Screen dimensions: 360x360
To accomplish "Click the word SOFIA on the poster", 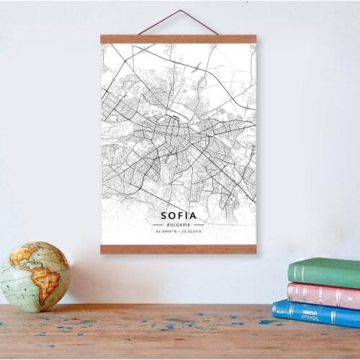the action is [179, 215].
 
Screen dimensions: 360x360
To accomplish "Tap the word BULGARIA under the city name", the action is [179, 224].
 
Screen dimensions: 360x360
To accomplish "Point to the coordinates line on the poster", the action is [179, 231].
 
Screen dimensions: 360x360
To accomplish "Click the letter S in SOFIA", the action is [165, 215].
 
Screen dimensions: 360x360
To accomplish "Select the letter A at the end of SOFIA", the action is [192, 215].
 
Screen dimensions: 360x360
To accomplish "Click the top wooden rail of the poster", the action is [179, 39].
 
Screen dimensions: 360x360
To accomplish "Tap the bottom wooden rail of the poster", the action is [179, 249].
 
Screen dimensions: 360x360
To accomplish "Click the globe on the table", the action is [34, 277].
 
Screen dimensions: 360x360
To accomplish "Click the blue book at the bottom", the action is [317, 314].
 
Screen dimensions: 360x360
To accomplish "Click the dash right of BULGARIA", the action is [199, 224].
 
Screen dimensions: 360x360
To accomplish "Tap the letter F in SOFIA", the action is [180, 215].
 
